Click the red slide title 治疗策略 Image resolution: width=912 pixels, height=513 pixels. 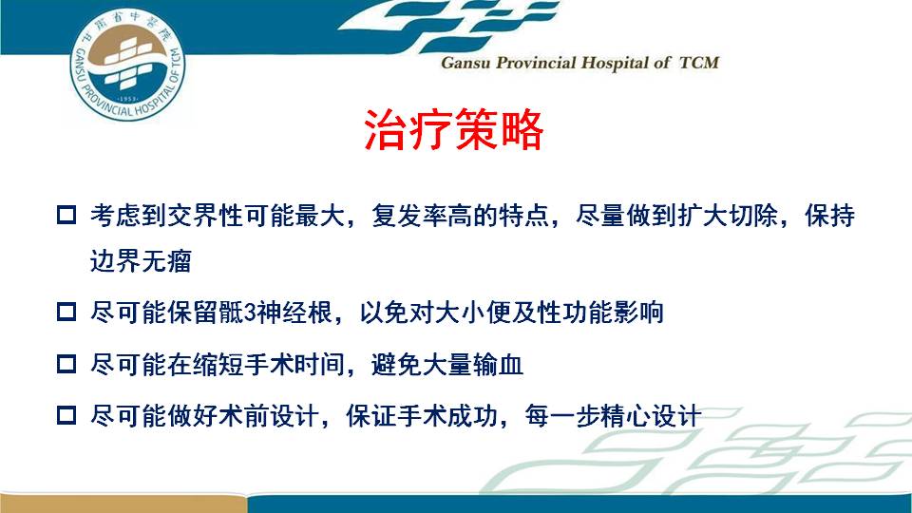(x=454, y=129)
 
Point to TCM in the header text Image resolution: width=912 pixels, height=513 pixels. (x=699, y=63)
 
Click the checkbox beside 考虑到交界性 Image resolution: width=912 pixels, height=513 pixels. (x=66, y=215)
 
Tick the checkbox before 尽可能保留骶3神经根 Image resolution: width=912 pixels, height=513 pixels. (x=66, y=312)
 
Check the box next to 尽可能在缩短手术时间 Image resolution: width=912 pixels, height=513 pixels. (x=66, y=364)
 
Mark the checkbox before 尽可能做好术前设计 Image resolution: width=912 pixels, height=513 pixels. (x=66, y=415)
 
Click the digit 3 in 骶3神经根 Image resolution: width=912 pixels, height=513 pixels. (x=250, y=313)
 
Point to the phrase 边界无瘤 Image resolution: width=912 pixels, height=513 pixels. (x=141, y=260)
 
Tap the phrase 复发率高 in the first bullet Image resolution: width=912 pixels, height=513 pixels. (x=423, y=216)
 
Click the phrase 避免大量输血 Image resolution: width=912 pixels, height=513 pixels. (x=446, y=365)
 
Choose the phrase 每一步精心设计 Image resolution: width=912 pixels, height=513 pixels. (x=613, y=416)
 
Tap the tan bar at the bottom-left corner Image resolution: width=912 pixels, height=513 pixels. (x=123, y=503)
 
